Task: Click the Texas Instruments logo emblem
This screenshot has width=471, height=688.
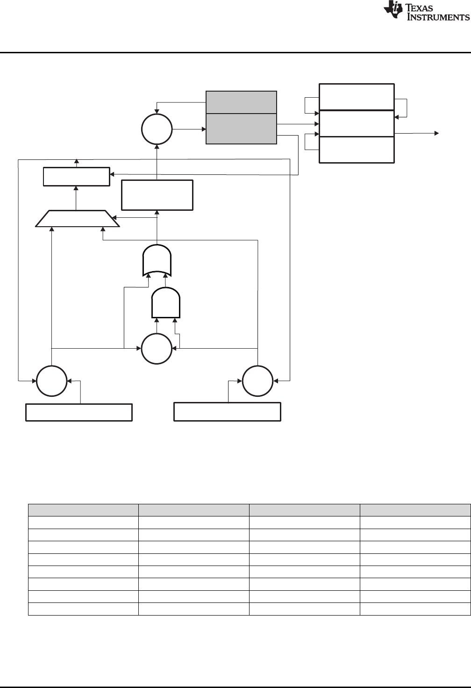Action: pyautogui.click(x=392, y=11)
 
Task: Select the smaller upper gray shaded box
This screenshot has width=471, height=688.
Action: pyautogui.click(x=241, y=102)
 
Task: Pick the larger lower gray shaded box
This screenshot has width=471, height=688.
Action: pyautogui.click(x=241, y=129)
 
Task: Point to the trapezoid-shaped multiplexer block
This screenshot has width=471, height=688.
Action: pyautogui.click(x=78, y=219)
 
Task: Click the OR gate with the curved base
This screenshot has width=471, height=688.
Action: pyautogui.click(x=157, y=260)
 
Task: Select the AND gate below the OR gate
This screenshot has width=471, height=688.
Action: pyautogui.click(x=166, y=303)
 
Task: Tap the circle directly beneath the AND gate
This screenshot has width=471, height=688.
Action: pyautogui.click(x=157, y=349)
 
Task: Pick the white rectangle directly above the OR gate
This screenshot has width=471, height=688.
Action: pyautogui.click(x=157, y=195)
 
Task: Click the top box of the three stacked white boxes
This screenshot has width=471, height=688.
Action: pyautogui.click(x=357, y=97)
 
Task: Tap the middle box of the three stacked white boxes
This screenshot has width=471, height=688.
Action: pyautogui.click(x=357, y=124)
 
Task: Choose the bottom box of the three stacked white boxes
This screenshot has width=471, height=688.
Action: pyautogui.click(x=357, y=150)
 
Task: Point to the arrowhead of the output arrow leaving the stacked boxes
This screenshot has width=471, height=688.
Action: pyautogui.click(x=437, y=133)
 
